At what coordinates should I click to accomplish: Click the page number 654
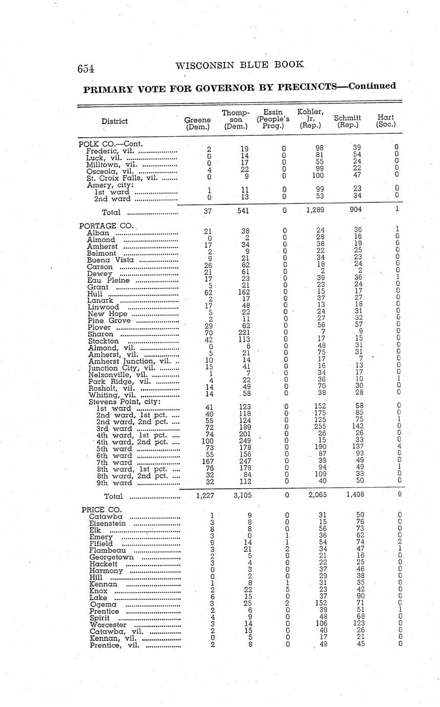(x=86, y=69)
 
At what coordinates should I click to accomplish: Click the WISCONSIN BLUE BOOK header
(x=239, y=65)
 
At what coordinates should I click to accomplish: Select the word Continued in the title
(x=372, y=86)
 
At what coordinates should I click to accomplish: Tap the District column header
(x=115, y=121)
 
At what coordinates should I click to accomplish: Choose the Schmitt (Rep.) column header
(x=348, y=121)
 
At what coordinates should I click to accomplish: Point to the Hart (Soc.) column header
(x=386, y=121)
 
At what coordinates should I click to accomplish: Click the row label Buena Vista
(x=111, y=260)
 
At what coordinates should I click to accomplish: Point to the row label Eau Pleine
(x=109, y=280)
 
